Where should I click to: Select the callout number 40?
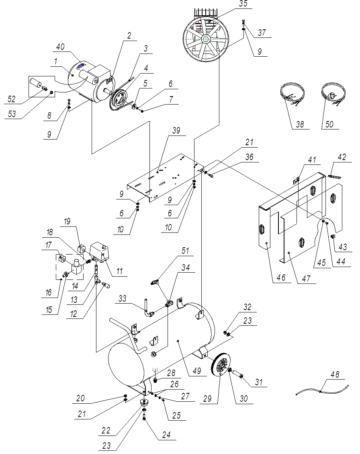[60, 47]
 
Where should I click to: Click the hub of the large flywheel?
[206, 39]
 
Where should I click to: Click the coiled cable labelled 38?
[291, 95]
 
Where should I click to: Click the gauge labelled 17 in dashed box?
[62, 258]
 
